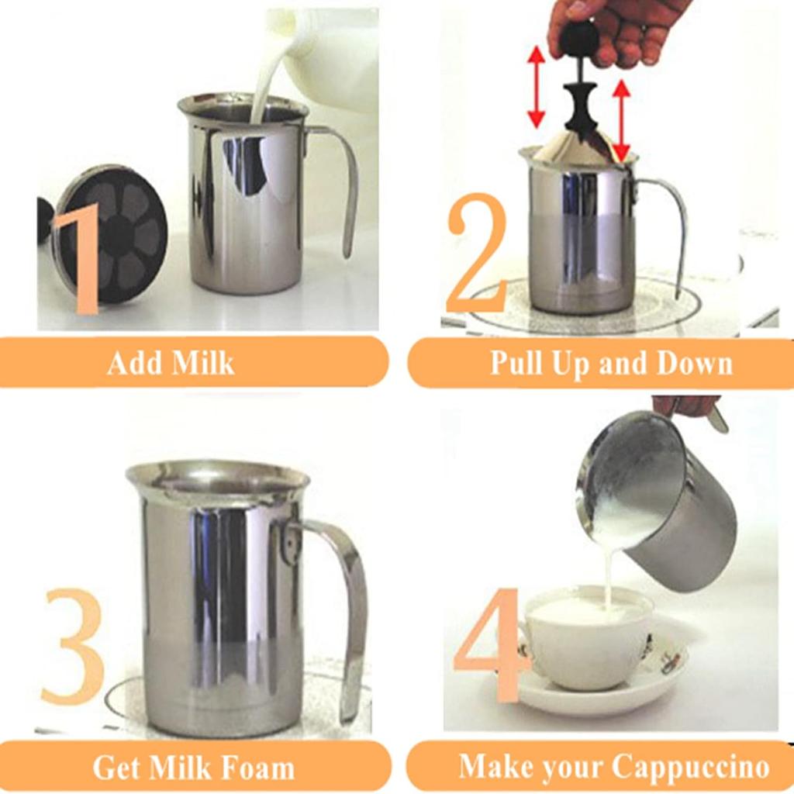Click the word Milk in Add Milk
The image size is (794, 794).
coord(203,363)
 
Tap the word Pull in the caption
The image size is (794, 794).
coord(517,363)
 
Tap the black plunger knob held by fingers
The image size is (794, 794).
coord(579,39)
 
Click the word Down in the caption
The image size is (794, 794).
coord(694,363)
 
